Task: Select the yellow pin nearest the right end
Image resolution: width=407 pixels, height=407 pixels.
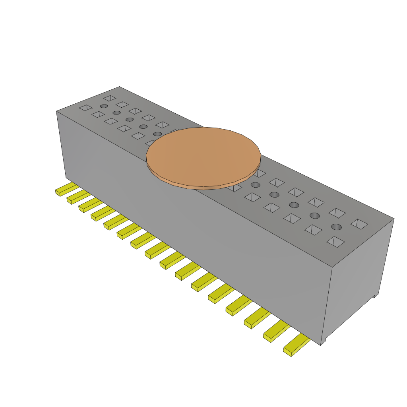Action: point(297,345)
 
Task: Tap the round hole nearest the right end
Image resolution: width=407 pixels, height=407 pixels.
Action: point(336,227)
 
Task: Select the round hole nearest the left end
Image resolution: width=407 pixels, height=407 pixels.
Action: point(104,106)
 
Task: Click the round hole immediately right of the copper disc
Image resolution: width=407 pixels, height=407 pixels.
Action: point(255,185)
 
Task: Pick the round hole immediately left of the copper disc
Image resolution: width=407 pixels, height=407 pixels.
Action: point(157,134)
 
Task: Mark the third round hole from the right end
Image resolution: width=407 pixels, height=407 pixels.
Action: point(294,205)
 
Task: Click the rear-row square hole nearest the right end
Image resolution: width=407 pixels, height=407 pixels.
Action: point(359,224)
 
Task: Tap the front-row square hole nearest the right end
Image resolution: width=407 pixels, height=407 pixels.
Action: point(335,242)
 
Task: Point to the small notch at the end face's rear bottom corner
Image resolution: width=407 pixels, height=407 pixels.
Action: point(374,296)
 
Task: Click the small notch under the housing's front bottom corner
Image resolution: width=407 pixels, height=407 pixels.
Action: point(324,341)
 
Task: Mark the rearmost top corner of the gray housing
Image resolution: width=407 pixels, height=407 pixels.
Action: point(119,87)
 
